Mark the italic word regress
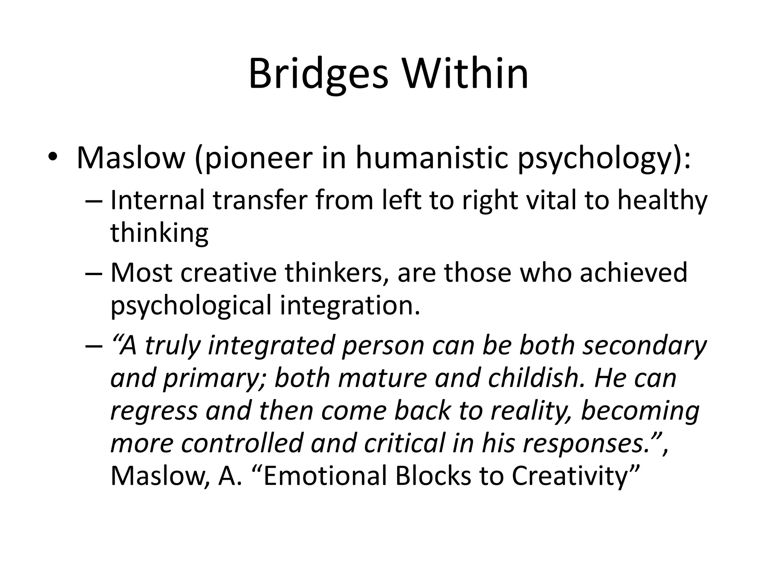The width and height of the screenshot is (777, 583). [154, 411]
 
